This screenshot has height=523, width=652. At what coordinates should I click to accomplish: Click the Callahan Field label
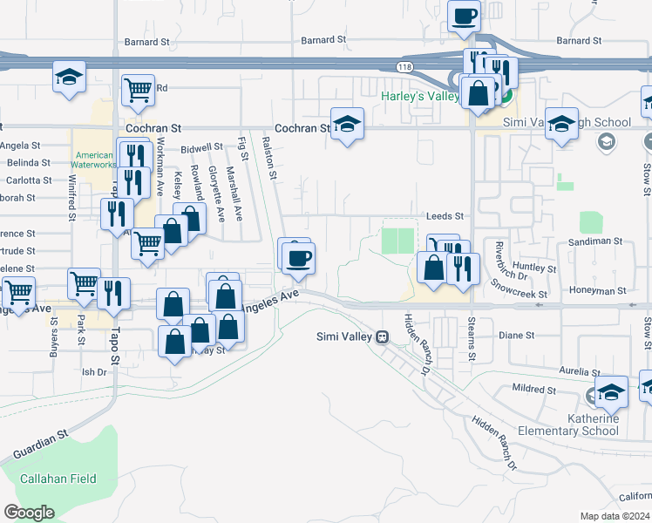[x=59, y=479]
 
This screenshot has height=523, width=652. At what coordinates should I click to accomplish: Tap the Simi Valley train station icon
[x=382, y=336]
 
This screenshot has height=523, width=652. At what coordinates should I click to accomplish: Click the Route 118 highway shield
[x=403, y=66]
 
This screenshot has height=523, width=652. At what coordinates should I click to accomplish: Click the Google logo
[x=29, y=513]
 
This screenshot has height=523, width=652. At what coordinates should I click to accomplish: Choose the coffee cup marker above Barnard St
[x=465, y=16]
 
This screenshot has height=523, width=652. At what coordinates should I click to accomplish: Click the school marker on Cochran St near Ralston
[x=347, y=125]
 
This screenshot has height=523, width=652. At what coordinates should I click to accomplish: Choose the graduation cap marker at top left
[x=69, y=78]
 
